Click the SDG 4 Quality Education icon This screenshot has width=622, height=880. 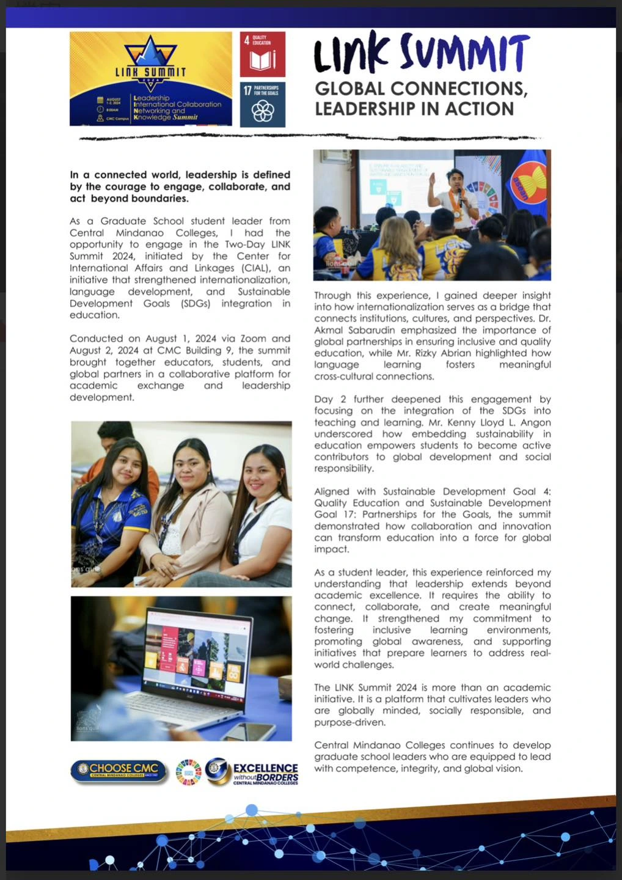click(x=263, y=54)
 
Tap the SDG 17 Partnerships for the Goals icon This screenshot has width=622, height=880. click(x=263, y=105)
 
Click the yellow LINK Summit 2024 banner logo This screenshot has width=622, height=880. click(x=151, y=79)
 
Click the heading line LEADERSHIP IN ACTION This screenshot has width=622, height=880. click(x=414, y=109)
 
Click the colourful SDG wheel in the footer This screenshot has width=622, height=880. click(x=188, y=772)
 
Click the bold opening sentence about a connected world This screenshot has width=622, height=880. click(x=180, y=186)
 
